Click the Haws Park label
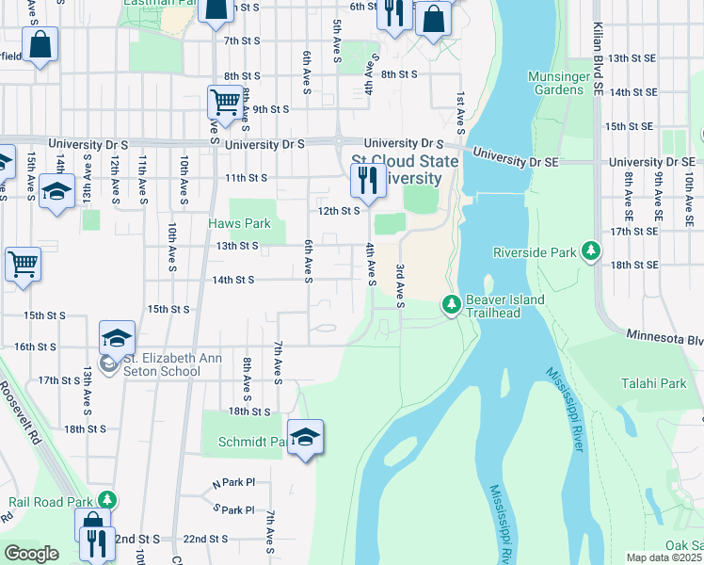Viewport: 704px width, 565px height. click(x=239, y=224)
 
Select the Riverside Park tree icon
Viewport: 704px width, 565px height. click(x=591, y=251)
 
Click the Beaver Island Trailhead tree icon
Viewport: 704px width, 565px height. click(x=452, y=303)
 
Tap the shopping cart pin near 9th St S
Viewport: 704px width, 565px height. click(x=224, y=101)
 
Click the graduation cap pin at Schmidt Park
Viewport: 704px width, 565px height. click(x=305, y=437)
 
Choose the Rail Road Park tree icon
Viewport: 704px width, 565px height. click(x=108, y=499)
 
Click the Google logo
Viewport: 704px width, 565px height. click(x=31, y=554)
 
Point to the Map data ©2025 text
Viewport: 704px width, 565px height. click(x=664, y=557)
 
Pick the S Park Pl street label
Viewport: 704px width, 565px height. click(x=234, y=510)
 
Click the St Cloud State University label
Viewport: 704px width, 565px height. click(x=405, y=169)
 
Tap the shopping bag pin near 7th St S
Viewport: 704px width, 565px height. click(x=40, y=44)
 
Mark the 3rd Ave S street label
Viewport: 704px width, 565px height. click(x=400, y=284)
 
